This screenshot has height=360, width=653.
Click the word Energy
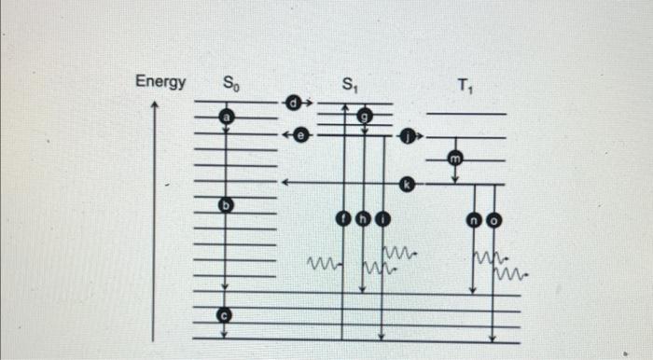pos(160,81)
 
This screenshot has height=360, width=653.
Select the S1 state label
pos(349,86)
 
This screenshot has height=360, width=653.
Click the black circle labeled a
pos(225,117)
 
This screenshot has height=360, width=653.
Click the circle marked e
pos(299,135)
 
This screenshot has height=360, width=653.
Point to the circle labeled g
pos(365,116)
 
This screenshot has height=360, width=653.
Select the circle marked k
pos(408,184)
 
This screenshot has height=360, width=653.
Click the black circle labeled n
pos(474,221)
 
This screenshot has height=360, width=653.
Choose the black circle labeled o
pos(493,221)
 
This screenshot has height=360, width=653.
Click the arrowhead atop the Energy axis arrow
pos(155,108)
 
